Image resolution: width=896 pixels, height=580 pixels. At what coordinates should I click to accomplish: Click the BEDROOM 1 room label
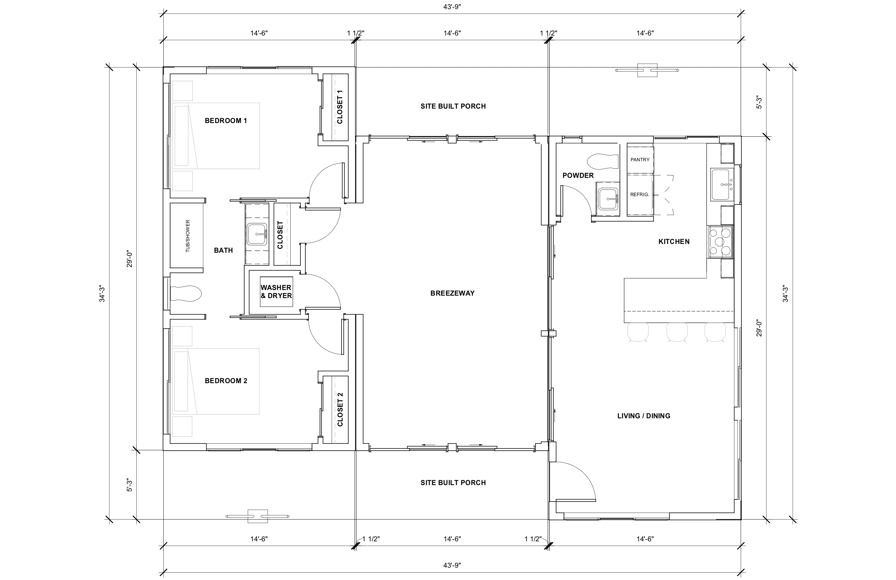point(226,121)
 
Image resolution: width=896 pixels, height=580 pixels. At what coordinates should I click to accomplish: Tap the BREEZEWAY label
point(452,293)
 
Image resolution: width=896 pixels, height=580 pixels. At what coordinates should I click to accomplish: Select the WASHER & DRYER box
point(276,291)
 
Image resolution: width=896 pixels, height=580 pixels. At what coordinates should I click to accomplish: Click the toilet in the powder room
point(602,161)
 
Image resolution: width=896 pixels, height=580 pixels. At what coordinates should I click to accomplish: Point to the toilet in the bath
point(186,294)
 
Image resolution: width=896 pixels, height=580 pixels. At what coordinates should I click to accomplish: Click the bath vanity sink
point(257,234)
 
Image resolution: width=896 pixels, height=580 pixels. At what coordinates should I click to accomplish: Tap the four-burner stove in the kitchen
point(720,242)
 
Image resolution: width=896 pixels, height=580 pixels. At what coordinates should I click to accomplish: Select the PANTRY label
point(639,160)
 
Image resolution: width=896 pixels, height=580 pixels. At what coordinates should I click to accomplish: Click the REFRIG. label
point(639,195)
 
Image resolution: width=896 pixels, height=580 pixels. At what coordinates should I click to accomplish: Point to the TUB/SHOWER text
point(188,236)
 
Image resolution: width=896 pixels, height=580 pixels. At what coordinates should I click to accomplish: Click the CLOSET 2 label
point(340,410)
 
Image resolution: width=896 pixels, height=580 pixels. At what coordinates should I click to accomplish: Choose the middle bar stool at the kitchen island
point(677,332)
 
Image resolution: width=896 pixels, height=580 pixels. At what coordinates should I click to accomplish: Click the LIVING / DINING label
point(643,416)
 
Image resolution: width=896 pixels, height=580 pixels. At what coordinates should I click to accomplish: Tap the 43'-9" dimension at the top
point(452,7)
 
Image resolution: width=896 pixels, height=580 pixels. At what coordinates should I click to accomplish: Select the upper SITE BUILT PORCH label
point(453,106)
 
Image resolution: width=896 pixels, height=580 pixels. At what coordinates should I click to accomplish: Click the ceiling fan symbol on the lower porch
point(258,516)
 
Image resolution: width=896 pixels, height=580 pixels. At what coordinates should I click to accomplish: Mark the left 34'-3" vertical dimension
point(102,294)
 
